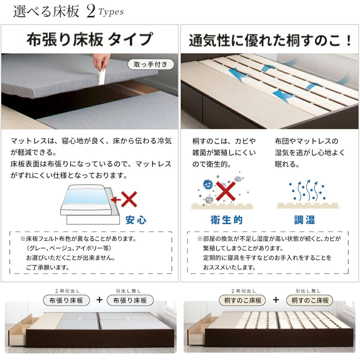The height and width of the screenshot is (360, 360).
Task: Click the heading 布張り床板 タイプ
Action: pyautogui.click(x=89, y=40)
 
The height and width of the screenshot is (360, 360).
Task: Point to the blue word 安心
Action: pyautogui.click(x=136, y=220)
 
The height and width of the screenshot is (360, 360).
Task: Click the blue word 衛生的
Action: pyautogui.click(x=226, y=220)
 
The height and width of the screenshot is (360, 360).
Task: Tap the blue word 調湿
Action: pyautogui.click(x=305, y=220)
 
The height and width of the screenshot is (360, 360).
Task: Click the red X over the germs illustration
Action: pyautogui.click(x=225, y=191)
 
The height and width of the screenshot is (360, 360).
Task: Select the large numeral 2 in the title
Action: pyautogui.click(x=90, y=12)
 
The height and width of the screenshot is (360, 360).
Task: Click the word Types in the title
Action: pyautogui.click(x=111, y=12)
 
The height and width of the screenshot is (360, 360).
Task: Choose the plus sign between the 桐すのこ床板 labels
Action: pyautogui.click(x=276, y=300)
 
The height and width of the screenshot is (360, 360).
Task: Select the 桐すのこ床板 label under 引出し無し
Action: pyautogui.click(x=310, y=300)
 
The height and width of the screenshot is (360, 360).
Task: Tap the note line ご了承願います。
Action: pyautogui.click(x=48, y=267)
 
